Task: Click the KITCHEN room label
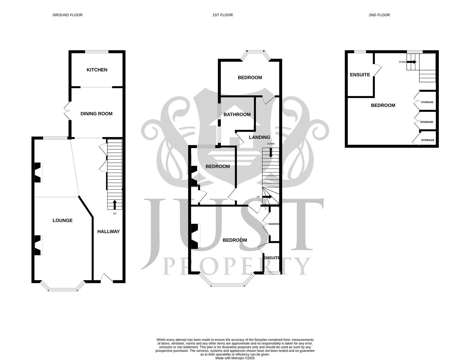tap(97, 70)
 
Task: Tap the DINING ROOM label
tap(96, 114)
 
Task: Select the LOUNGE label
tap(63, 220)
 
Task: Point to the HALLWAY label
tap(108, 231)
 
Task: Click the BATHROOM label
tap(237, 114)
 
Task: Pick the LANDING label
tap(259, 137)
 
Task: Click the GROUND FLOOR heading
tap(67, 15)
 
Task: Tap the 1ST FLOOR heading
tap(223, 15)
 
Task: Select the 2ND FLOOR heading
tap(379, 15)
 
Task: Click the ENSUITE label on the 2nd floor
tap(360, 75)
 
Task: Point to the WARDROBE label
tap(274, 224)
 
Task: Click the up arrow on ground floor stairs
tap(115, 204)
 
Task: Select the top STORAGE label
tap(427, 102)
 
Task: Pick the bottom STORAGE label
tap(428, 140)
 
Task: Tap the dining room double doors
tap(66, 111)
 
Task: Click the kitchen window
tap(97, 52)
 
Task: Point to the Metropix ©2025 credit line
tap(235, 358)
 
